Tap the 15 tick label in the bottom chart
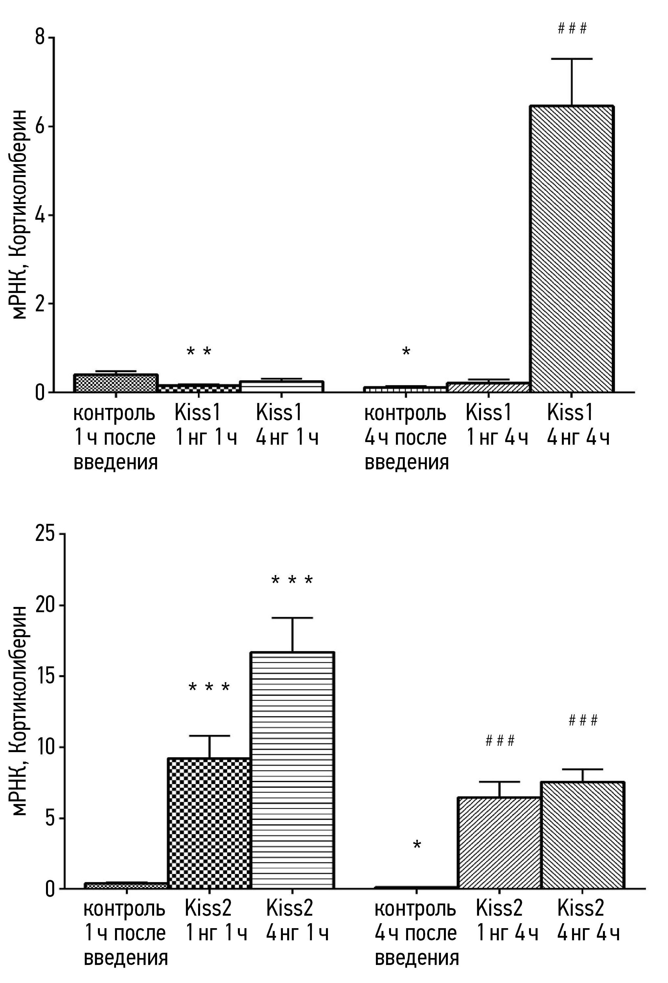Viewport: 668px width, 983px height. [45, 676]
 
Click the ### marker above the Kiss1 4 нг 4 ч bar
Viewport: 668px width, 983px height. [572, 29]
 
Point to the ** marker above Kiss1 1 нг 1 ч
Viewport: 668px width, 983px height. [199, 351]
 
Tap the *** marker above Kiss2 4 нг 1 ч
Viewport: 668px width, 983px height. [292, 580]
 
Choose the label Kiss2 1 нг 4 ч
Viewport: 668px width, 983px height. [507, 921]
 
